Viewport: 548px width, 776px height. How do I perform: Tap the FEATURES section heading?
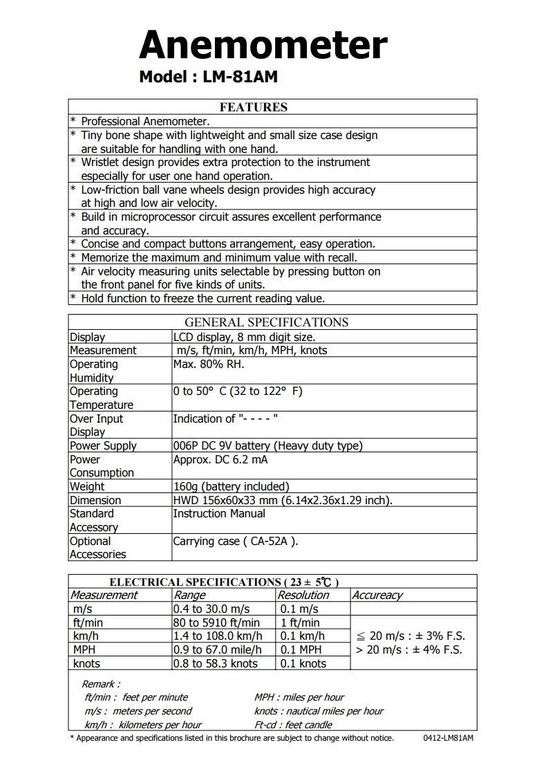click(253, 107)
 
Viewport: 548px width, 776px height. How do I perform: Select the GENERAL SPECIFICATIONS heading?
click(266, 322)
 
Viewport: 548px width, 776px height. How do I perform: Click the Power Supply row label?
click(103, 446)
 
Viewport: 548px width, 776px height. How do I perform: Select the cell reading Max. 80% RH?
click(209, 364)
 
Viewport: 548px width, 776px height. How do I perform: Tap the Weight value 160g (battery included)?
click(231, 487)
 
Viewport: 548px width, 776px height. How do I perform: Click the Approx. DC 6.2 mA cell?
click(220, 460)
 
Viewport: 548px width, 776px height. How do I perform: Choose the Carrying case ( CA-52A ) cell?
click(235, 542)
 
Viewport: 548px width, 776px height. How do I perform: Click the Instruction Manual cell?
click(219, 514)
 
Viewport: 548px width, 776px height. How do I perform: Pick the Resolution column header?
click(303, 595)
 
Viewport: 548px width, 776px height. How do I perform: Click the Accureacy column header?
click(377, 595)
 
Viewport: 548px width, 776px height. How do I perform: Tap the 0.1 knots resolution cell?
click(303, 664)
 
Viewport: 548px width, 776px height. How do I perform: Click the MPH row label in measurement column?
click(85, 650)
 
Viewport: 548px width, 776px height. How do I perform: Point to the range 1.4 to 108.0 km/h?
click(218, 636)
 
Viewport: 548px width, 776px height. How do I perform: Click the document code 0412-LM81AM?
click(448, 738)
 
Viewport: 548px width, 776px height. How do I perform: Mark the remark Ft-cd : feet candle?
click(293, 725)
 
